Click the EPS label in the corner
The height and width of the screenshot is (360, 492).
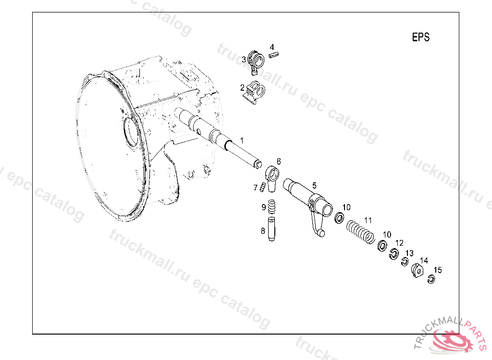(420, 37)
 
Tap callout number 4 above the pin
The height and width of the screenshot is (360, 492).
(272, 47)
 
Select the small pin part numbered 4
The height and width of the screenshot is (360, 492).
(274, 55)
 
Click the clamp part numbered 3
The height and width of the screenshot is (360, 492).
(256, 62)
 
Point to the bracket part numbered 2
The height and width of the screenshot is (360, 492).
(254, 92)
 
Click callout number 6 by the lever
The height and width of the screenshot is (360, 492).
(279, 161)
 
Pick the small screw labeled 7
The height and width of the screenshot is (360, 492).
(262, 187)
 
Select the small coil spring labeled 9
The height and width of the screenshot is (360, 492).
(272, 207)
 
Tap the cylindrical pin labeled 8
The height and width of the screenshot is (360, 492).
(272, 229)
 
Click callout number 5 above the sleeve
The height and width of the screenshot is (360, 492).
(314, 186)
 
